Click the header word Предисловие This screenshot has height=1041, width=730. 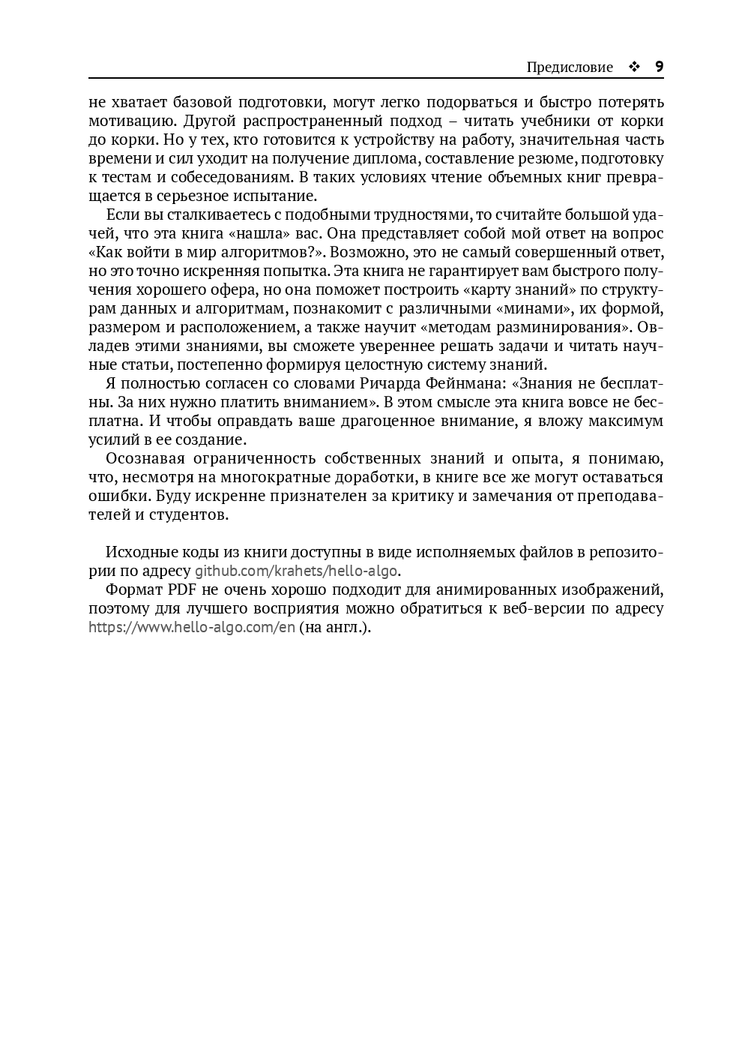click(x=570, y=67)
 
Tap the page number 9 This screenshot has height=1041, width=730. click(x=659, y=66)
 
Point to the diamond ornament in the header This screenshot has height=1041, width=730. click(x=634, y=67)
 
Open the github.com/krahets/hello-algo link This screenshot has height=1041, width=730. click(x=296, y=571)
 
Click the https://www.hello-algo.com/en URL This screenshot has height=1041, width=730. click(x=192, y=628)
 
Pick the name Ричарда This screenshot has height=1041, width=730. click(x=392, y=384)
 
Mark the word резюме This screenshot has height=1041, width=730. click(x=546, y=158)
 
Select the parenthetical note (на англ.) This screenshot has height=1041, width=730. click(x=334, y=628)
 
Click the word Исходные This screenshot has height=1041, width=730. click(x=140, y=553)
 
